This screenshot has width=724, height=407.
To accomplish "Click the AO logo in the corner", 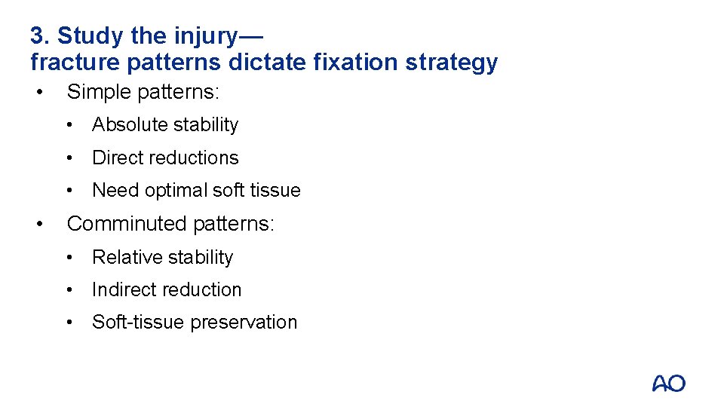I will [668, 383].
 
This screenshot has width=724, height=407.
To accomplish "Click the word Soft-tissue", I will [139, 322].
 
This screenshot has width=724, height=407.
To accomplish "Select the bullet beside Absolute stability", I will [70, 125].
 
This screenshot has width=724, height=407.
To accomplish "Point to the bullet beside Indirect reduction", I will [70, 289].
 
